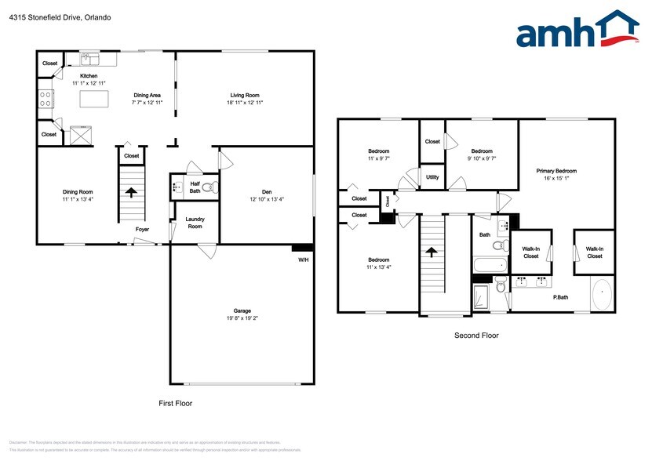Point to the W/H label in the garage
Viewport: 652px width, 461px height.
(x=303, y=260)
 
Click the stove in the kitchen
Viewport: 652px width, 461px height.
(x=46, y=100)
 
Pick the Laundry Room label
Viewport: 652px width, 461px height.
(x=195, y=223)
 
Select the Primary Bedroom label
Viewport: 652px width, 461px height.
(x=556, y=171)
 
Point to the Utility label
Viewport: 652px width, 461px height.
(x=432, y=177)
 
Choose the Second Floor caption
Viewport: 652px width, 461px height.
(x=475, y=336)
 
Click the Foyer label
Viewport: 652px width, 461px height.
(x=142, y=230)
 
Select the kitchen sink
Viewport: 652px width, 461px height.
(x=91, y=59)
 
